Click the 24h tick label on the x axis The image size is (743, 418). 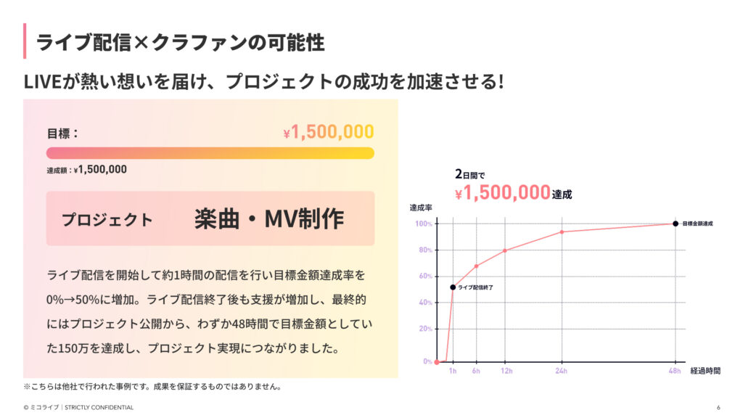(562, 372)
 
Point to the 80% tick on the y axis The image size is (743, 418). (425, 250)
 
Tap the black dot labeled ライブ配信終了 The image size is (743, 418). (453, 287)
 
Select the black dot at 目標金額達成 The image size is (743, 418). (676, 224)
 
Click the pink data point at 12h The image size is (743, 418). (505, 250)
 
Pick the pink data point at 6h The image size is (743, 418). (476, 266)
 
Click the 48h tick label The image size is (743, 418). (675, 372)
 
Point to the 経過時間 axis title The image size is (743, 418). (705, 371)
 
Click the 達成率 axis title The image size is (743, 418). (422, 208)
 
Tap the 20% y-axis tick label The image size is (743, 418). (425, 329)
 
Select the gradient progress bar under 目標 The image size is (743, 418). (210, 153)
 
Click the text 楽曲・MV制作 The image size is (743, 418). (269, 219)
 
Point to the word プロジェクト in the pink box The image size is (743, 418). (107, 220)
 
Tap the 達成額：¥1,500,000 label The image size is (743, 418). (86, 170)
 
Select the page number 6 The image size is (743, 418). (718, 407)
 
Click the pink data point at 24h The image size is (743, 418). (562, 232)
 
